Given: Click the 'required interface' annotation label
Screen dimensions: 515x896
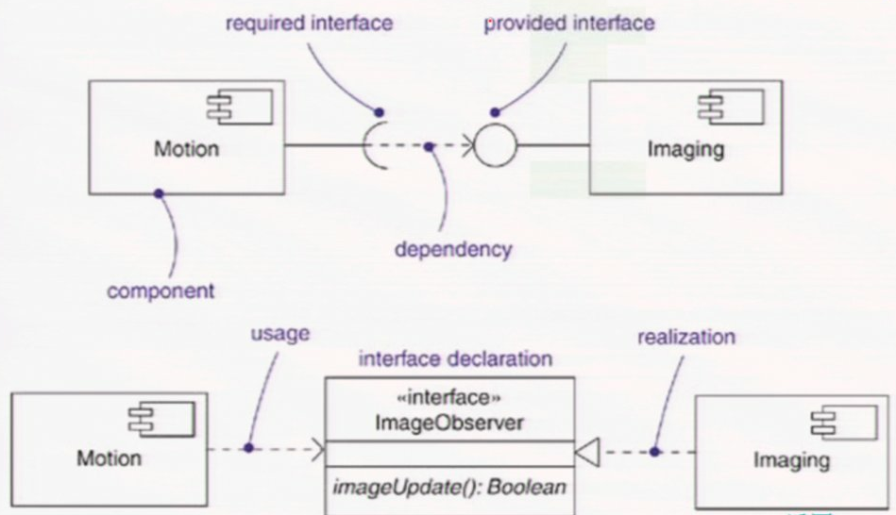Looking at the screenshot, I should tap(309, 23).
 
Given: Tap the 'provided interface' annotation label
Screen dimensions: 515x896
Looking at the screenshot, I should tap(569, 23).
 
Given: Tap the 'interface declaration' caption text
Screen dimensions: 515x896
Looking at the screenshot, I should tap(456, 359).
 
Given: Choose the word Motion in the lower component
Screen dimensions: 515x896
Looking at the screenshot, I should tap(109, 458).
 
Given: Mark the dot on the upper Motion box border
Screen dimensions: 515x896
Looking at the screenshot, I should tap(159, 192).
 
